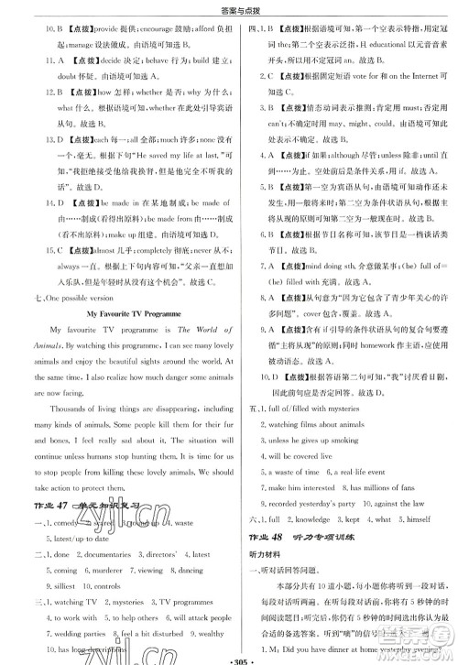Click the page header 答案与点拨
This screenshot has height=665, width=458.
(x=229, y=8)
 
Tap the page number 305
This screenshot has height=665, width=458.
(x=229, y=655)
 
